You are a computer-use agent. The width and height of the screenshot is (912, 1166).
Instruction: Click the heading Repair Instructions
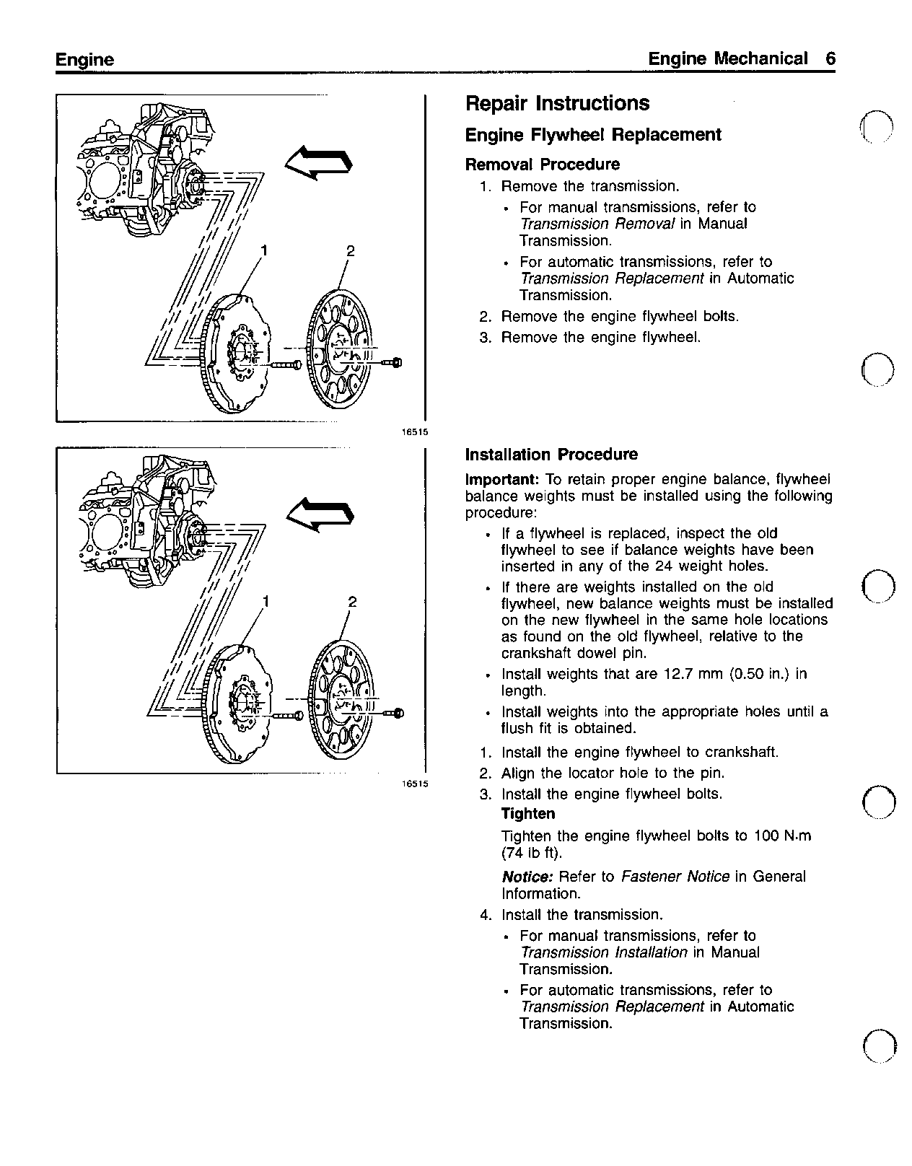click(557, 104)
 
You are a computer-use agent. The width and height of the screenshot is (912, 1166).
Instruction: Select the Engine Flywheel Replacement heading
click(592, 135)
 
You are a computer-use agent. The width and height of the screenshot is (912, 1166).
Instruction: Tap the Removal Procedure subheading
click(542, 165)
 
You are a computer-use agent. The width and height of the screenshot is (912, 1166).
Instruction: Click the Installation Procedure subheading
click(551, 455)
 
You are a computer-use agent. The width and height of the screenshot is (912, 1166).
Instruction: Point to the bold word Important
click(501, 480)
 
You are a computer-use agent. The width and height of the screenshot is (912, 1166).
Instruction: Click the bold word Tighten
click(528, 814)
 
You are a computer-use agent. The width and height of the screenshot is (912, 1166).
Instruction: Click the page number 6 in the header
click(830, 59)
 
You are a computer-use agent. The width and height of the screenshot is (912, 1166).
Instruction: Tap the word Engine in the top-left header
click(84, 60)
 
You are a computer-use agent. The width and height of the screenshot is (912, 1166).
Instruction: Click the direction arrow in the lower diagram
click(320, 513)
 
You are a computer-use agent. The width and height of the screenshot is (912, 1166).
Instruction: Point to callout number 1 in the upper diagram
click(265, 250)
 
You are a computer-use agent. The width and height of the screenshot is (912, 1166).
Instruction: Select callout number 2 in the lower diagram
click(352, 602)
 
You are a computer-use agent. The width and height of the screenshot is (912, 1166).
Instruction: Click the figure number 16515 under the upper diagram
click(415, 432)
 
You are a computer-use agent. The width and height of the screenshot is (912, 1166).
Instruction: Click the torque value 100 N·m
click(782, 836)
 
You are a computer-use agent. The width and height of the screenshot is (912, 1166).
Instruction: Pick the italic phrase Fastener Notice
click(675, 877)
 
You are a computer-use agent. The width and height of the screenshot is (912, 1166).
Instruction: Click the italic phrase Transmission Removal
click(597, 224)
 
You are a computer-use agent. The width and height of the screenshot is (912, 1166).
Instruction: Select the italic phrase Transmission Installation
click(603, 952)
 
